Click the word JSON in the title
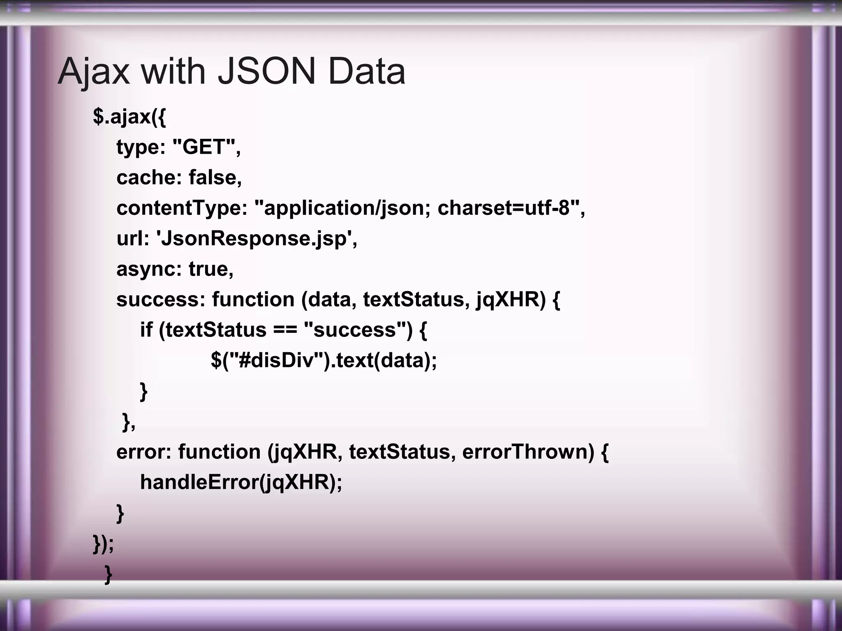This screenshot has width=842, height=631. pos(266,71)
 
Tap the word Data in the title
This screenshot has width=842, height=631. pos(366,71)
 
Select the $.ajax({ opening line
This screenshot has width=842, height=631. pos(130,117)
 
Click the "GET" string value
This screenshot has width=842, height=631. pos(204,147)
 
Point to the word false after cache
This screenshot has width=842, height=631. pos(215,177)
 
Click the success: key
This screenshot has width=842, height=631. pos(160,299)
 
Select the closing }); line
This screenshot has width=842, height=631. pos(103,544)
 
